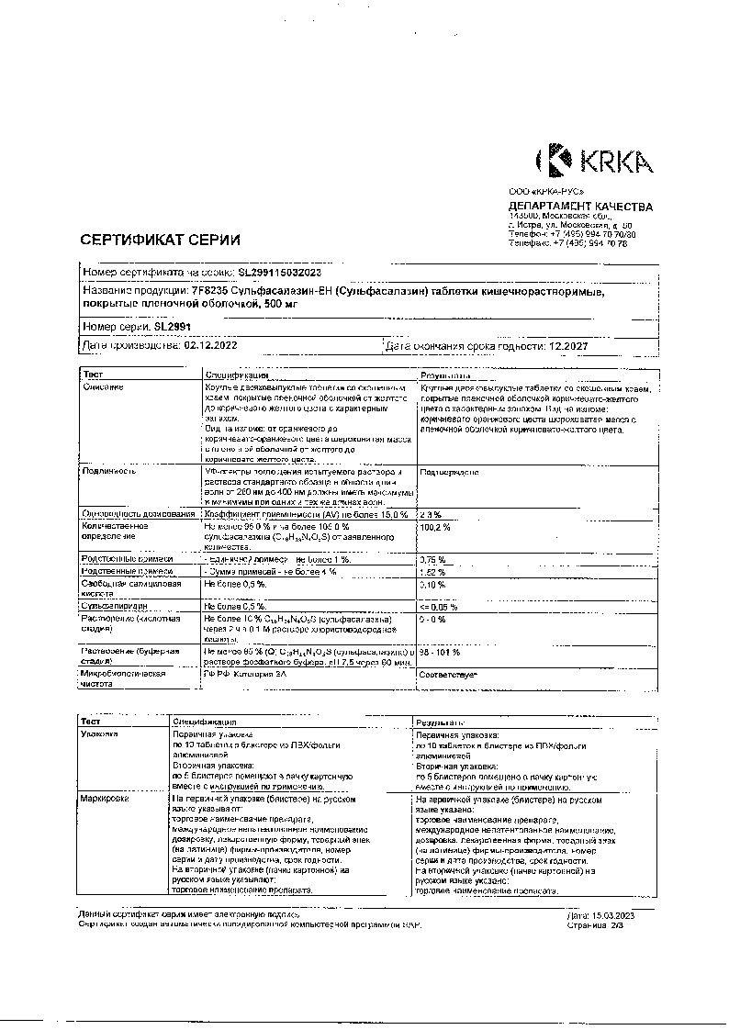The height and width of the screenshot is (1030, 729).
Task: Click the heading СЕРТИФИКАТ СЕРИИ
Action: pyautogui.click(x=161, y=240)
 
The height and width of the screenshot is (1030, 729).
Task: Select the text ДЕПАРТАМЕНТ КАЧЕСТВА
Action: pyautogui.click(x=580, y=207)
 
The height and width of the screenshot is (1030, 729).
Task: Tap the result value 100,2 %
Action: pyautogui.click(x=436, y=528)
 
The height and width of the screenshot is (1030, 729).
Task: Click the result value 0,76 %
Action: pyautogui.click(x=432, y=559)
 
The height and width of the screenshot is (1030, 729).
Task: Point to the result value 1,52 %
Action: pyautogui.click(x=432, y=571)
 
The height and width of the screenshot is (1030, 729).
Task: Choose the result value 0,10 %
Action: pyautogui.click(x=432, y=584)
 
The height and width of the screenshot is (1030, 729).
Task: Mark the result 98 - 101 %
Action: pyautogui.click(x=440, y=651)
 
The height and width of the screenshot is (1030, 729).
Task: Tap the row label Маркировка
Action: pyautogui.click(x=106, y=800)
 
